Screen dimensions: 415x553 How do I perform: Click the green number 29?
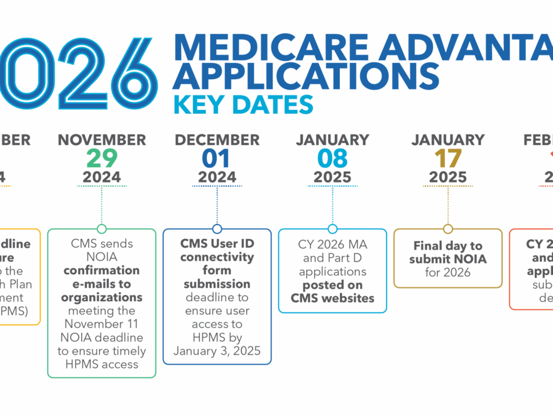102,158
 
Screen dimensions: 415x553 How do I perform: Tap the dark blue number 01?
217,158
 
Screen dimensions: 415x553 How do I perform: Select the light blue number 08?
332,158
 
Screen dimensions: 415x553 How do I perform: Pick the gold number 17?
448,158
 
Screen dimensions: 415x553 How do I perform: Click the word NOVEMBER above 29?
102,140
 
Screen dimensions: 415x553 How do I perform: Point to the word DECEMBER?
217,140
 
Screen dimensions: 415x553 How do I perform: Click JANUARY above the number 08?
332,140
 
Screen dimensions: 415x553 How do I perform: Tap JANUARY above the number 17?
448,140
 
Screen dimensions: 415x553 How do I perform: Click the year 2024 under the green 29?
102,177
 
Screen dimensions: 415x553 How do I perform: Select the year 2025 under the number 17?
448,177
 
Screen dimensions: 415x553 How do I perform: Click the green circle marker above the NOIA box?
102,229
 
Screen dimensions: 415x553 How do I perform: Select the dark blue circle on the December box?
217,229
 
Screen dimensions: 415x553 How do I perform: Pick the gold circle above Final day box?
448,229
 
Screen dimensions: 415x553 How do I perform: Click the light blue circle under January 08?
332,229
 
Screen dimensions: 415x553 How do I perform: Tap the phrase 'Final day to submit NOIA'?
447,252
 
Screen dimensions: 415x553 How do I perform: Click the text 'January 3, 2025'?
217,351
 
